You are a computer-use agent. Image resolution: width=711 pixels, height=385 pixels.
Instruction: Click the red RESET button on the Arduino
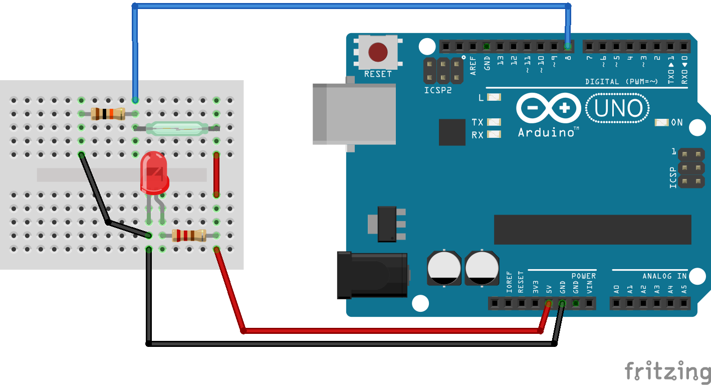pos(378,52)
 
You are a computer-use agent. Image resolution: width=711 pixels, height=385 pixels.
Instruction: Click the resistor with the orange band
pos(108,114)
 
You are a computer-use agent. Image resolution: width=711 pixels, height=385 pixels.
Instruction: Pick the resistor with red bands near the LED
pos(189,235)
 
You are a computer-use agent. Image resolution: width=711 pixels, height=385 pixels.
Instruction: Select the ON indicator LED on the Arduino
pos(661,123)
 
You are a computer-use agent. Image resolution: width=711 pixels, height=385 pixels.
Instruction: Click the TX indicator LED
pos(494,122)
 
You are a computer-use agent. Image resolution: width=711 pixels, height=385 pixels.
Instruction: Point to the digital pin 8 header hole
pos(568,47)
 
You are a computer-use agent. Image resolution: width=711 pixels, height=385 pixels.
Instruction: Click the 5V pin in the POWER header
pos(549,303)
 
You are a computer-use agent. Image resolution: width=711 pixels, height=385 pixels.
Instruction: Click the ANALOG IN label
pos(664,276)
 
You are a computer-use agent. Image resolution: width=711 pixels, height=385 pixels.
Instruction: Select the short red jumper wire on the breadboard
pos(216,175)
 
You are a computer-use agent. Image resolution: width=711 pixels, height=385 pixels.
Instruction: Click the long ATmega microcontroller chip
pos(592,230)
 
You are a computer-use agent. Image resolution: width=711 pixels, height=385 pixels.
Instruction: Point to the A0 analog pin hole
pos(617,303)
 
